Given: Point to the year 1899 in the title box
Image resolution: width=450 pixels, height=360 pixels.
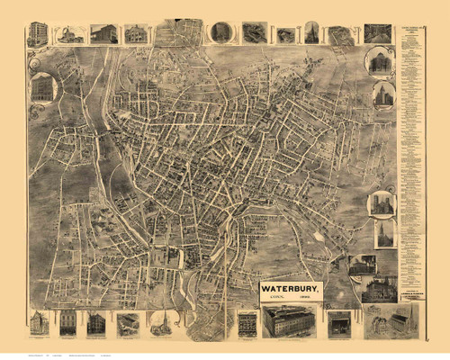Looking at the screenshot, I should [307, 299].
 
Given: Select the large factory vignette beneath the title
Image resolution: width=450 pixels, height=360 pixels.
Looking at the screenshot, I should [289, 321].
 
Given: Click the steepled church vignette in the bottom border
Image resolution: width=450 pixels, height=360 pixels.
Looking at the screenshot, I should [160, 323].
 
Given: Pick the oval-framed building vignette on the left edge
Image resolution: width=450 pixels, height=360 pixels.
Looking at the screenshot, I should [41, 88].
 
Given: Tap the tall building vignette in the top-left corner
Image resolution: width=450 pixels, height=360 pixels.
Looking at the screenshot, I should [37, 34].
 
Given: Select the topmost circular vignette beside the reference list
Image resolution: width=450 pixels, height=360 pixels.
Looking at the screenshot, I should [379, 61].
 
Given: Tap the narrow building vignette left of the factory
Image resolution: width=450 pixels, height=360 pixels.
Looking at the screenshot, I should [247, 323].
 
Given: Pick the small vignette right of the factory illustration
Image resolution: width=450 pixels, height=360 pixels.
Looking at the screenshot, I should [339, 323].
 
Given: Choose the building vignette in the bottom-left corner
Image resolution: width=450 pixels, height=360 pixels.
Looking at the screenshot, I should [39, 323].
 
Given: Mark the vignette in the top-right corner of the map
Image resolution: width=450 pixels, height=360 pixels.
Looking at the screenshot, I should [377, 33].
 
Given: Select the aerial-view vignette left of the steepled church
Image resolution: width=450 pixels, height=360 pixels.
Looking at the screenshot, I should [129, 323].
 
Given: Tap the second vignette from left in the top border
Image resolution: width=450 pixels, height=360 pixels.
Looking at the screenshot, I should [70, 34].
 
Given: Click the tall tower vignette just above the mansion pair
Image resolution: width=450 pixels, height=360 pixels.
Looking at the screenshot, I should [385, 233].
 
